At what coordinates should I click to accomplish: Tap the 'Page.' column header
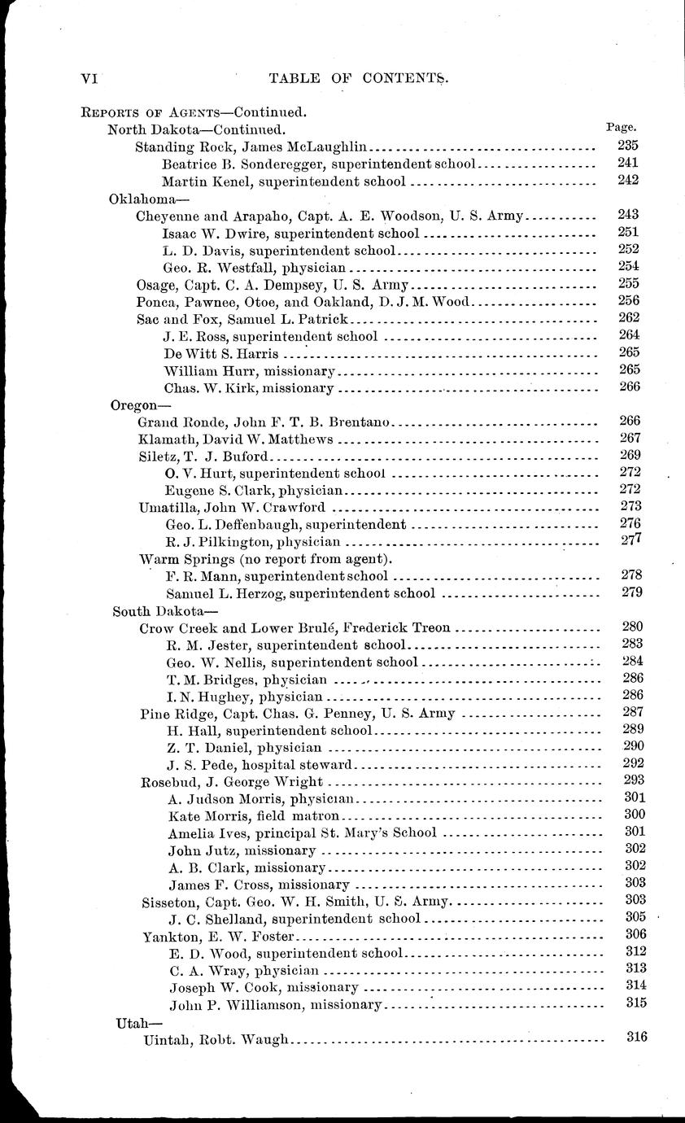pos(622,127)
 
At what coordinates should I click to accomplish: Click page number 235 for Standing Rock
pos(628,146)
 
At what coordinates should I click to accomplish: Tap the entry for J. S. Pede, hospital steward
pos(259,764)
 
